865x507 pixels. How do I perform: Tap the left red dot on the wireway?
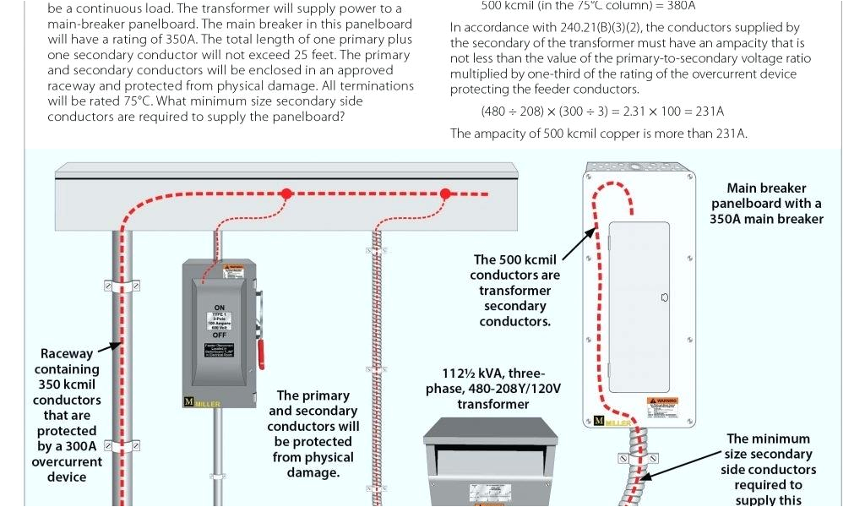point(286,194)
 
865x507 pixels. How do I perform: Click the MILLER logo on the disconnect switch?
point(201,402)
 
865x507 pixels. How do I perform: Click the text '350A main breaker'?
point(766,219)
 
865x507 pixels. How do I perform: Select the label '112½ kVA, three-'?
point(493,373)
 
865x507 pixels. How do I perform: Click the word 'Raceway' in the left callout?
point(66,354)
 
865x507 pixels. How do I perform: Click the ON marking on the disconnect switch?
point(220,308)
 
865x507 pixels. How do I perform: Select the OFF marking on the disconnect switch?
point(220,335)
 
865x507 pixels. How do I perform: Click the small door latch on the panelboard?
point(665,297)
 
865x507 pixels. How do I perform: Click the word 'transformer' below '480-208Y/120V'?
point(493,404)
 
